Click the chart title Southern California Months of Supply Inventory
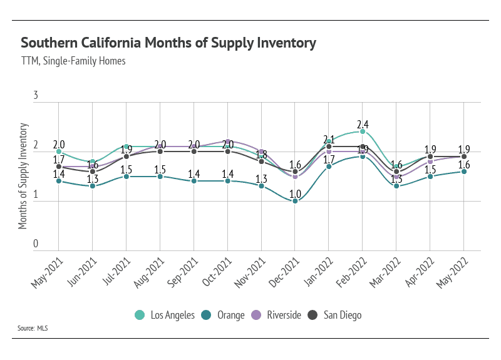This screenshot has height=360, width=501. pos(168,43)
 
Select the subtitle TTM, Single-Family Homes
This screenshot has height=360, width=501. pos(73,61)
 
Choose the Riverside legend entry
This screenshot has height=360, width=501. pos(277,315)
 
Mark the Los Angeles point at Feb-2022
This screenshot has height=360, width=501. pos(363,131)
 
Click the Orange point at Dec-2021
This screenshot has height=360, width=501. pos(295,201)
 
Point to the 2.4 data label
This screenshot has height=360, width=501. pos(363,123)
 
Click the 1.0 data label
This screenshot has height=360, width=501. pos(295,193)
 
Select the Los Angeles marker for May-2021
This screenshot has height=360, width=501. pos(59,152)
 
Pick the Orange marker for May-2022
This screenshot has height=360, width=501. pos(464,171)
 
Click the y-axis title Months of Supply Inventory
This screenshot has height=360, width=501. pos(23,176)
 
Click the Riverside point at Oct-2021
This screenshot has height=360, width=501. pos(227,141)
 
